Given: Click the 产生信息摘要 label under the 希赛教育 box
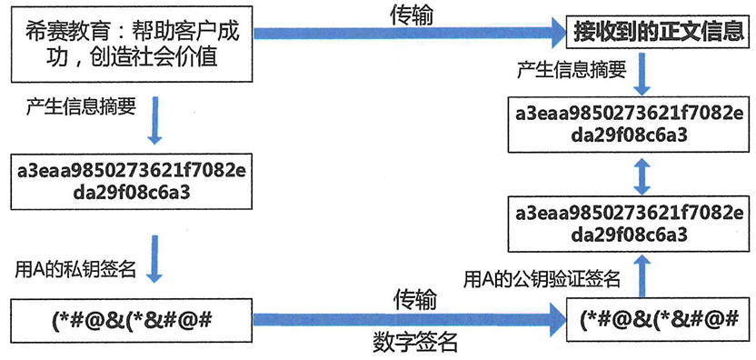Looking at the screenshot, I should (81, 106).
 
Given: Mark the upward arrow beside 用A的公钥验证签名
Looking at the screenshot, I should (642, 272).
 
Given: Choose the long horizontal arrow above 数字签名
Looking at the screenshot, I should (408, 320).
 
